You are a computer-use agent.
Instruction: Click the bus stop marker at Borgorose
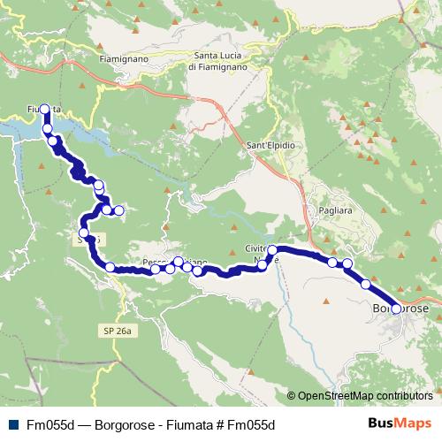396,309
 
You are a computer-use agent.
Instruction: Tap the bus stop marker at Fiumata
44,110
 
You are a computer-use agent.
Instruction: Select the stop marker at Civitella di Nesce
273,251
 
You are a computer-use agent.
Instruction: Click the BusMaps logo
399,424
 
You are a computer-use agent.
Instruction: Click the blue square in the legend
11,424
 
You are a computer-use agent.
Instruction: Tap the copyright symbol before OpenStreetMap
291,396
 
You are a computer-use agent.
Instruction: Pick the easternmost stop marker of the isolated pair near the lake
118,210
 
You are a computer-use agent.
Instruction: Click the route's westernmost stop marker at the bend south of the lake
84,232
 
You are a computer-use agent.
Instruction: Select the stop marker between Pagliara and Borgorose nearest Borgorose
366,285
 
